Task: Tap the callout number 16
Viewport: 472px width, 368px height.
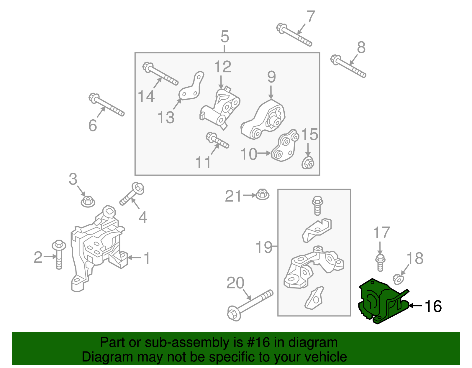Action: click(x=433, y=306)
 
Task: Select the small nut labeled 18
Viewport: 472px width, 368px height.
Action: click(x=398, y=279)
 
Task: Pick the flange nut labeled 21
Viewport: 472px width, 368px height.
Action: click(x=262, y=194)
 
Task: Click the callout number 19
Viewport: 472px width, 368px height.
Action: click(x=263, y=247)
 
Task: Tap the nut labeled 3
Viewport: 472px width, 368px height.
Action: click(x=88, y=201)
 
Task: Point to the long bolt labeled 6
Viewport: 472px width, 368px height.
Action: click(x=106, y=105)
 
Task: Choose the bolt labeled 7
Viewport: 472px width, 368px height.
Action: click(x=294, y=35)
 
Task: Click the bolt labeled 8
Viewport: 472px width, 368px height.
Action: click(x=348, y=67)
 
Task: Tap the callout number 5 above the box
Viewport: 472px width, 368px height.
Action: click(x=224, y=37)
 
